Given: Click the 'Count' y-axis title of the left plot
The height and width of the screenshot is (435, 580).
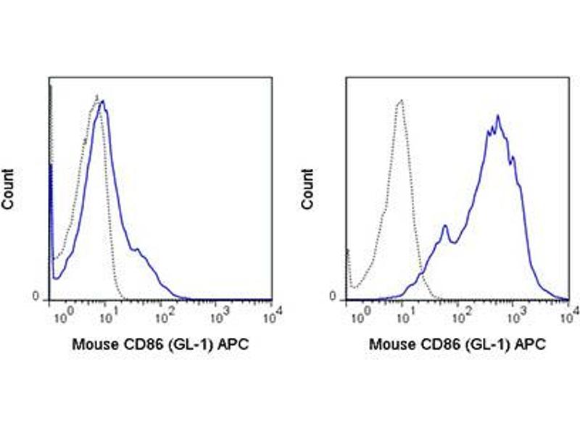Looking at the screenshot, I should (9, 190).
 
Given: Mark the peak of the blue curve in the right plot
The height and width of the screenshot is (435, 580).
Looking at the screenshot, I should (497, 116).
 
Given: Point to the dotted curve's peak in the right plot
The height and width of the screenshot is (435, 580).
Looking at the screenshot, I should (400, 101).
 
